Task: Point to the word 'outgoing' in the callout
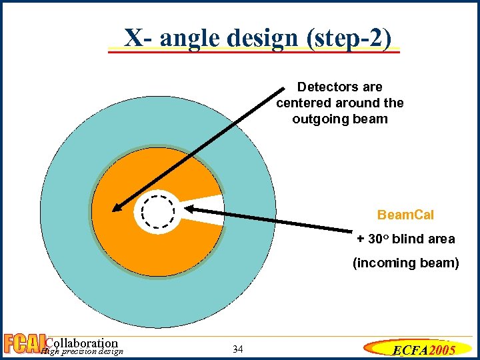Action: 317,119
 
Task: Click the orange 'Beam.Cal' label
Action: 405,215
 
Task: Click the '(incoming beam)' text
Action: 405,263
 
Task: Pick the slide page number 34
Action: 239,349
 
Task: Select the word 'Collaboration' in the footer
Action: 81,343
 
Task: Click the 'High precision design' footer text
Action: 81,352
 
